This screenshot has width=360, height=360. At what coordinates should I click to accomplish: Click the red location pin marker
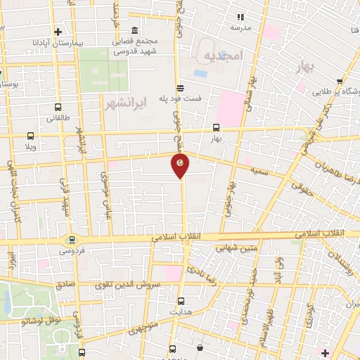pyautogui.click(x=181, y=164)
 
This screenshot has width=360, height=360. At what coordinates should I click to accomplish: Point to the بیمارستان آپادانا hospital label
pyautogui.click(x=58, y=42)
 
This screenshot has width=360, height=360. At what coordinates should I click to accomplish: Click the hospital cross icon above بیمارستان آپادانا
pyautogui.click(x=58, y=31)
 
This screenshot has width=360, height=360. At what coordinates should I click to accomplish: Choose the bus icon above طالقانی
pyautogui.click(x=58, y=108)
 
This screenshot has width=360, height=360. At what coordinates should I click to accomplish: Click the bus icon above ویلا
pyautogui.click(x=30, y=136)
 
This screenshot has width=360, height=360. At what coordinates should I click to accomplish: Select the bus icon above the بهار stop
pyautogui.click(x=216, y=128)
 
